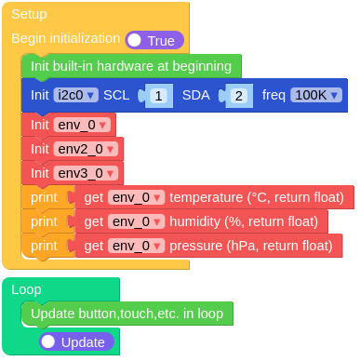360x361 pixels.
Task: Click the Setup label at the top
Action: tap(29, 14)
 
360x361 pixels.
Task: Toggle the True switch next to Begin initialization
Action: tap(154, 40)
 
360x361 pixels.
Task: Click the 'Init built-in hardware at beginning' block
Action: tap(130, 66)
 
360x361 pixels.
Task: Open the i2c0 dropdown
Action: tap(76, 95)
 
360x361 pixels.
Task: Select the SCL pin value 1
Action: tap(159, 96)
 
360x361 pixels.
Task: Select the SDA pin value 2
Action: tap(238, 96)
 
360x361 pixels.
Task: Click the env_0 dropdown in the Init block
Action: tap(83, 124)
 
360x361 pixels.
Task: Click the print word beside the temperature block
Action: tap(44, 197)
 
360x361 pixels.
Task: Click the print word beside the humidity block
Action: tap(44, 221)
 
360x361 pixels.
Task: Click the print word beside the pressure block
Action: tap(44, 246)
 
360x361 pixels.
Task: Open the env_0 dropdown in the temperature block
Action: tap(136, 197)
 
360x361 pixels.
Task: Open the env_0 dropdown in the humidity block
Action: tap(136, 221)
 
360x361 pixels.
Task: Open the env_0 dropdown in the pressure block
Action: tap(136, 246)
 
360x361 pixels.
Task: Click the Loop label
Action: tap(26, 289)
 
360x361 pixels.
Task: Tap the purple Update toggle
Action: tap(76, 341)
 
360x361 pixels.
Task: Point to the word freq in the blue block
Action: tap(273, 95)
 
